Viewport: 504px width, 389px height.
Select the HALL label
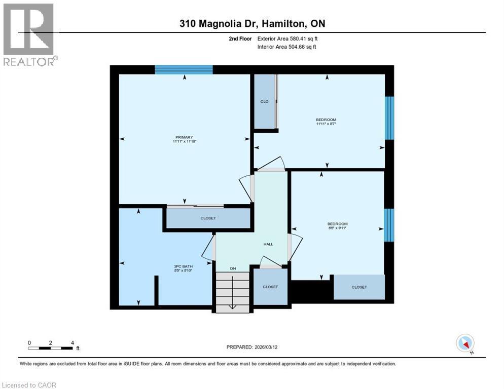(x=268, y=244)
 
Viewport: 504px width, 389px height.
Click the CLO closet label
(x=264, y=101)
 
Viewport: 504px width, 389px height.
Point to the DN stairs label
(x=233, y=268)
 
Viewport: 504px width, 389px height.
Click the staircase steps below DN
(x=233, y=291)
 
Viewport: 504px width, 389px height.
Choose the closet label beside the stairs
(x=270, y=287)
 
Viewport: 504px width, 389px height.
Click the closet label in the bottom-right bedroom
(x=359, y=287)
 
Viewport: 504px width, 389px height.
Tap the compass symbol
(x=465, y=343)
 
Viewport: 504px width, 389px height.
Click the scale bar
(x=51, y=347)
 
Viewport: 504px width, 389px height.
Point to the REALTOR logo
(x=29, y=34)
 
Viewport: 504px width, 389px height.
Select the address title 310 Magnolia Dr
(x=251, y=24)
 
